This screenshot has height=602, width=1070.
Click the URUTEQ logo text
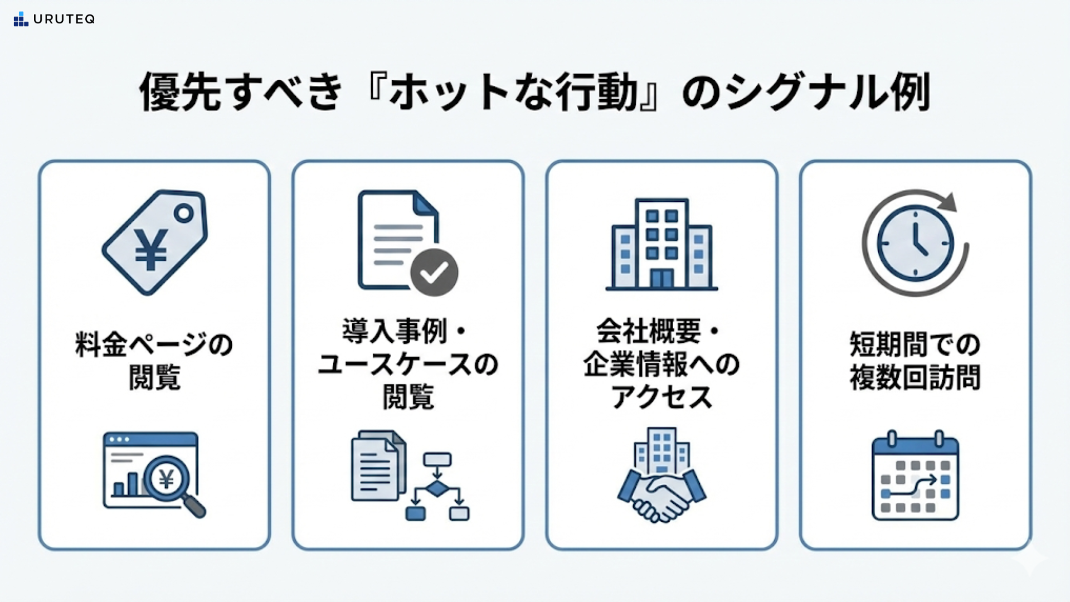(x=64, y=19)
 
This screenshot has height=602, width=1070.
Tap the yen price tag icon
(x=154, y=242)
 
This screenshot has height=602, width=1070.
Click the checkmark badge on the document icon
(x=434, y=272)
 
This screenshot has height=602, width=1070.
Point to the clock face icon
(x=915, y=244)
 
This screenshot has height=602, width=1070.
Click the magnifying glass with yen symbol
(x=168, y=479)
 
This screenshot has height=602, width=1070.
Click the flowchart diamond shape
(x=436, y=489)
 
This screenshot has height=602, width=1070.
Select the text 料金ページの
(x=154, y=344)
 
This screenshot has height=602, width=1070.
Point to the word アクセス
(x=662, y=397)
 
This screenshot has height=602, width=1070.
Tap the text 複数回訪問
(x=915, y=377)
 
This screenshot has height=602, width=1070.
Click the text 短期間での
(x=915, y=344)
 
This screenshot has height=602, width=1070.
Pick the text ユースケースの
(x=408, y=365)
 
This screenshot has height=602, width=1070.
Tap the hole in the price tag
(x=183, y=213)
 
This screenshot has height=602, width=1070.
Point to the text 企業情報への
(x=662, y=365)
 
